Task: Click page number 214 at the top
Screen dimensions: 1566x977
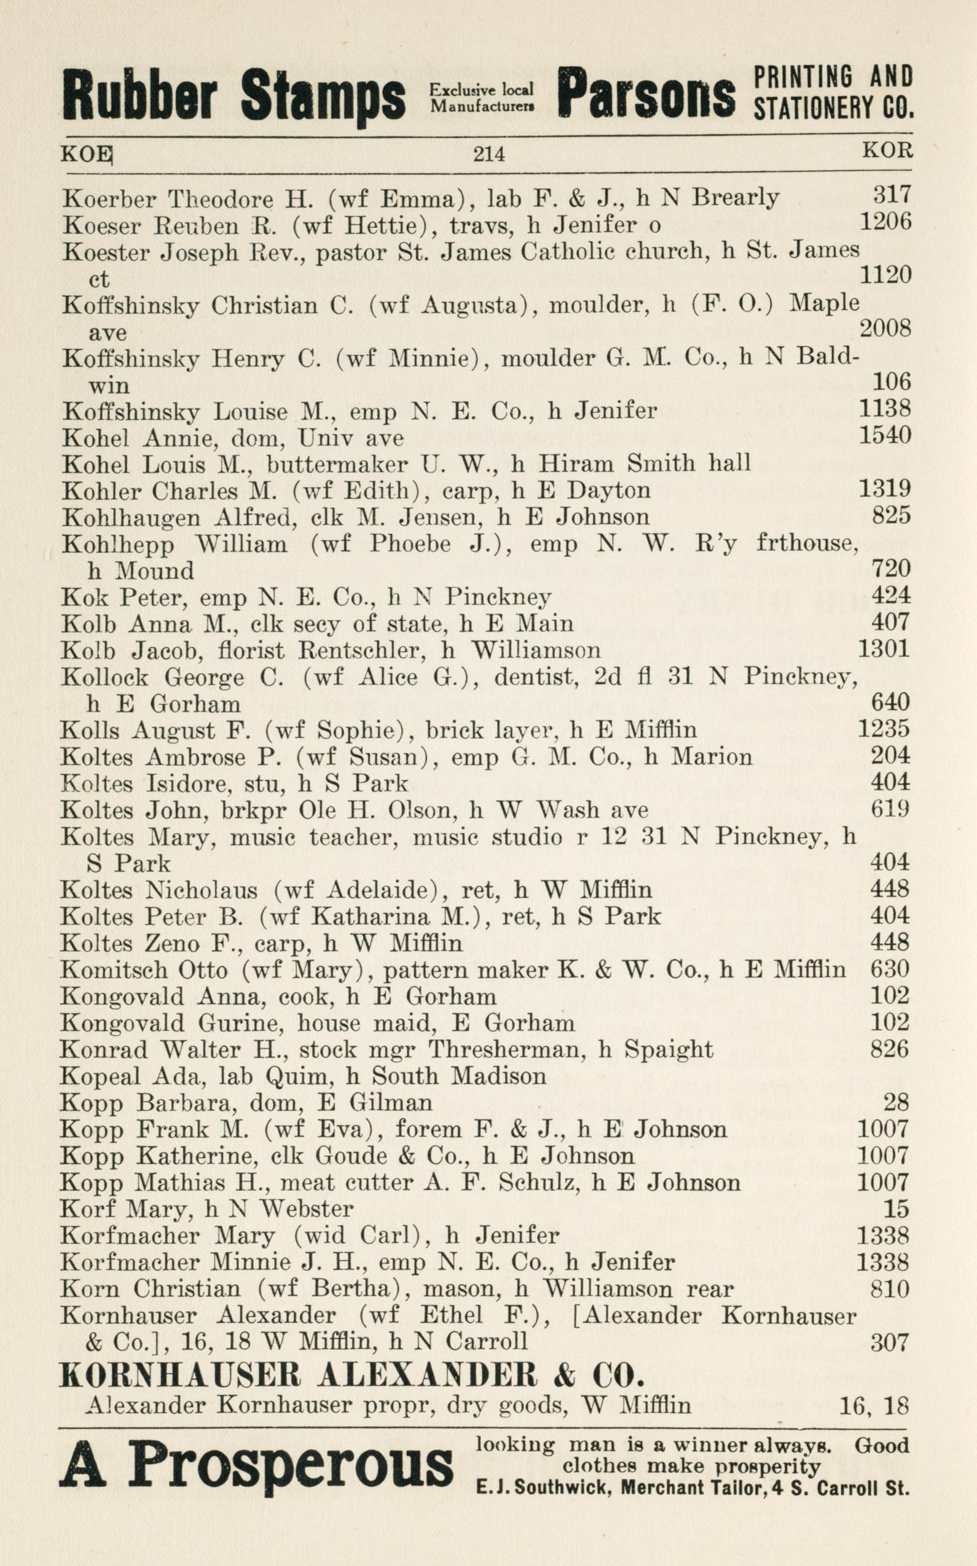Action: [x=488, y=154]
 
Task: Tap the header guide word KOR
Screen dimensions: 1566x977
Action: [x=887, y=151]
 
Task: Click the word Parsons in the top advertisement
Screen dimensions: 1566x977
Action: [x=646, y=96]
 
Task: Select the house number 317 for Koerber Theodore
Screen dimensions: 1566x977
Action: [x=891, y=195]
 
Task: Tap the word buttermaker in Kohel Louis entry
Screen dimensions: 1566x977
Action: [x=337, y=464]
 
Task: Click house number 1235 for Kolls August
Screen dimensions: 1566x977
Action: [x=884, y=729]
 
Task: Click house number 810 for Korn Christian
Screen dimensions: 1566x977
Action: [x=890, y=1289]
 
